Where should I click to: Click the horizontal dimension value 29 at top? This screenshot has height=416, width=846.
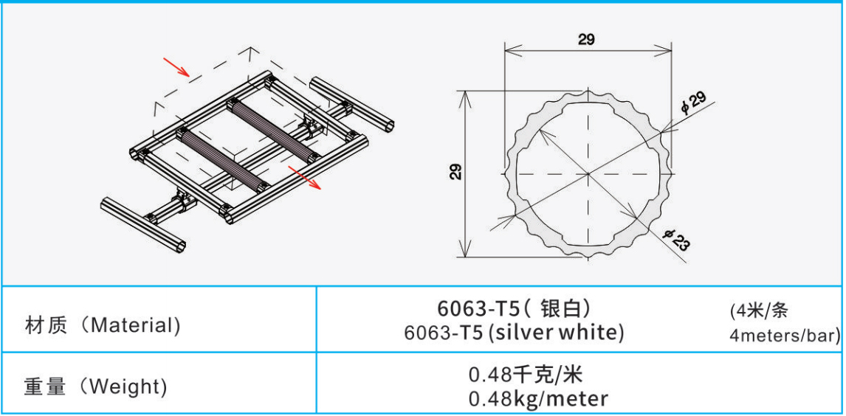(x=586, y=39)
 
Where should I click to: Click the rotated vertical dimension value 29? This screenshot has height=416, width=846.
(x=456, y=173)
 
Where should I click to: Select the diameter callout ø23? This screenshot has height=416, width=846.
(x=677, y=240)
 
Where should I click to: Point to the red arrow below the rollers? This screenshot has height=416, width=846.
(x=305, y=177)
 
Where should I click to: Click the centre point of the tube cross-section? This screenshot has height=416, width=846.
(x=588, y=173)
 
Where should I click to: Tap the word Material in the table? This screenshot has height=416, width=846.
(x=132, y=325)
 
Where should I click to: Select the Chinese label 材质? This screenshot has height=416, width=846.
(x=46, y=325)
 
